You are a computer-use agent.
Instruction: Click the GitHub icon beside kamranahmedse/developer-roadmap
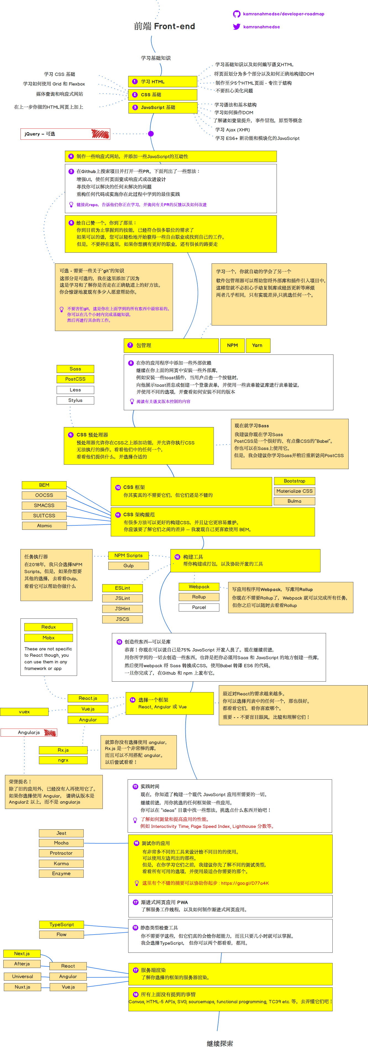coord(236,14)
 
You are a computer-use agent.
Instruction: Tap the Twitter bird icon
coord(236,27)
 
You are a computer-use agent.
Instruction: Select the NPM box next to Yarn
coord(232,345)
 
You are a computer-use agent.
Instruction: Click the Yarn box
coord(257,345)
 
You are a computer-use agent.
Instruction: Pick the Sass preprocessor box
coord(75,369)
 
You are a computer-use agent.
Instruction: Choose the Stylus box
coord(75,400)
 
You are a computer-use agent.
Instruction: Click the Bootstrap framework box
coord(294,481)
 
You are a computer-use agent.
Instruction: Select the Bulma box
coord(294,501)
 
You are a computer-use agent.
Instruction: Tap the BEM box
coord(44,485)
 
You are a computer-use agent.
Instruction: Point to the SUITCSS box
coord(44,515)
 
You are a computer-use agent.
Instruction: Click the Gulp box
coord(129,565)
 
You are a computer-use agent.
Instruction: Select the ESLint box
coord(123,588)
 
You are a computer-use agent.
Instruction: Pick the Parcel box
coord(199,607)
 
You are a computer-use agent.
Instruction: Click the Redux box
coord(48,627)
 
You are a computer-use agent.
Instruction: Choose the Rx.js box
coord(63,750)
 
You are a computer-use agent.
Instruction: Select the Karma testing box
coord(61,863)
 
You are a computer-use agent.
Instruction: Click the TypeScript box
coord(61,924)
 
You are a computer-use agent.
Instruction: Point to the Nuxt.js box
coord(22,987)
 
